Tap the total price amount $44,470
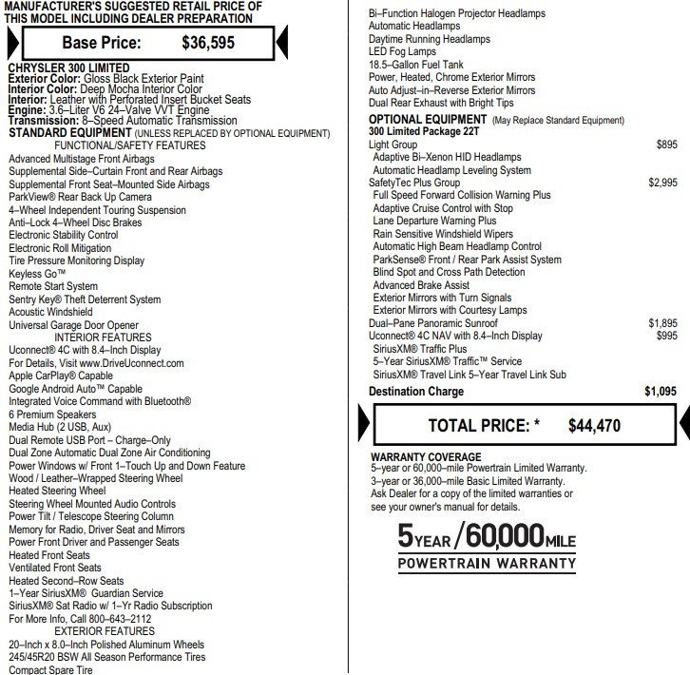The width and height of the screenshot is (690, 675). pyautogui.click(x=594, y=426)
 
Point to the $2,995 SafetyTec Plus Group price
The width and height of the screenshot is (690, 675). pyautogui.click(x=662, y=183)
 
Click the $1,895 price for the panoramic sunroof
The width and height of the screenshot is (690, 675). pyautogui.click(x=662, y=323)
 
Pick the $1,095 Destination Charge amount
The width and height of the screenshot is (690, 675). pyautogui.click(x=661, y=391)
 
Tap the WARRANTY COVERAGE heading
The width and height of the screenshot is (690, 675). pyautogui.click(x=426, y=457)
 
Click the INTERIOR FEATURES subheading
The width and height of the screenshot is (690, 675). pyautogui.click(x=103, y=337)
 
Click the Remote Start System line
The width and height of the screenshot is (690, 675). pyautogui.click(x=53, y=286)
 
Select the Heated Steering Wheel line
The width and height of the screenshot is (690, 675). pyautogui.click(x=64, y=491)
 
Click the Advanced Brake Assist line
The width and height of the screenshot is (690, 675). pyautogui.click(x=421, y=285)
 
